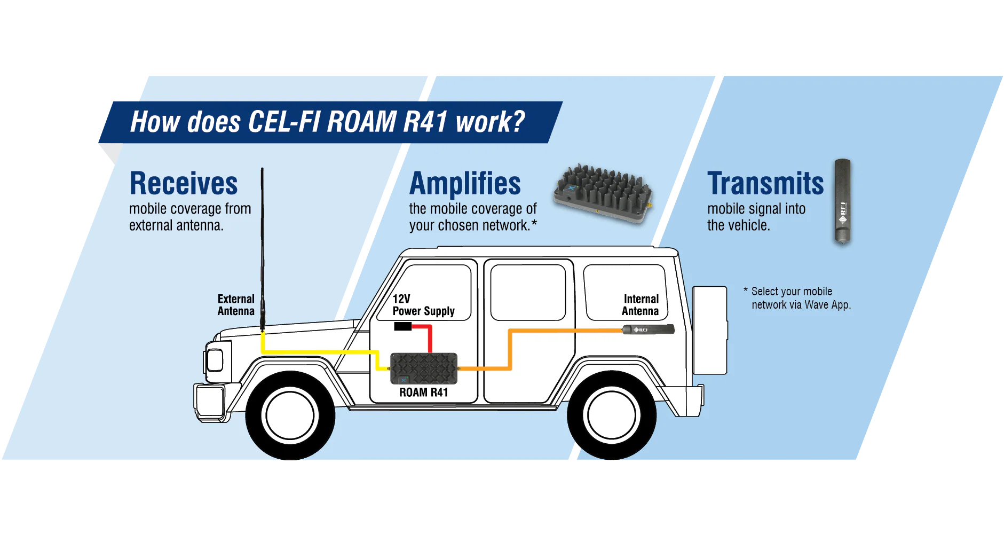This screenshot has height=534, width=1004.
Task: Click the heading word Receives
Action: (x=184, y=184)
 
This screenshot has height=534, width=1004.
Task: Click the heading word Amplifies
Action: (x=465, y=184)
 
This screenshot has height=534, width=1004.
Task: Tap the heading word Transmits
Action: (x=765, y=184)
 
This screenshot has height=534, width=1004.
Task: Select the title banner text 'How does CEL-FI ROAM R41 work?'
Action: (x=328, y=122)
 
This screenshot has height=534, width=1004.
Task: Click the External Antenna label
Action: (x=236, y=305)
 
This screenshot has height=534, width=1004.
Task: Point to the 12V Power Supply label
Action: (x=423, y=305)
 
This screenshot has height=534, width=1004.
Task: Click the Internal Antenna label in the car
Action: (x=641, y=305)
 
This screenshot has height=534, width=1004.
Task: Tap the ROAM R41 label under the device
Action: (x=423, y=392)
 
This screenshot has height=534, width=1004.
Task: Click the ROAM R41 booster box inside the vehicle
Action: (x=424, y=368)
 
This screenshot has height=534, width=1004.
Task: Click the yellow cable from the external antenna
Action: (x=320, y=352)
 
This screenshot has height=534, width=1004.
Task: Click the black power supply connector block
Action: (x=402, y=326)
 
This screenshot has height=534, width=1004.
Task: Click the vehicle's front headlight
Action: (x=215, y=360)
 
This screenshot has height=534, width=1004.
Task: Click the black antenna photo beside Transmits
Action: (x=843, y=202)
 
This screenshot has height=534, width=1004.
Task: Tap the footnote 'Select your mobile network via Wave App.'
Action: (x=797, y=298)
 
